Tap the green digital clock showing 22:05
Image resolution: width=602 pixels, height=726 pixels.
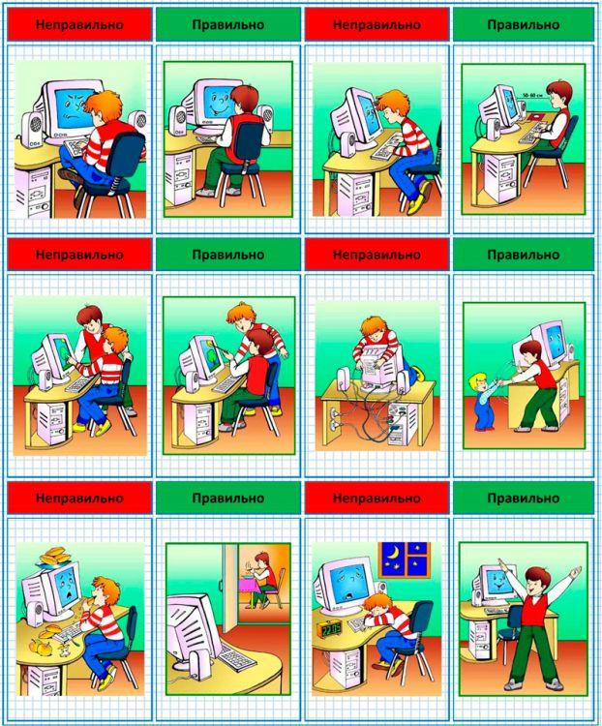330,629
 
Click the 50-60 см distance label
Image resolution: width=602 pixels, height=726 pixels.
532,95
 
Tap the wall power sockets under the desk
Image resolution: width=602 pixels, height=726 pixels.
332,416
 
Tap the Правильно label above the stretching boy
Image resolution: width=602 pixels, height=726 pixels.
524,498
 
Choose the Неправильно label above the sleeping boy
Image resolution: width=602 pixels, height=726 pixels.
376,498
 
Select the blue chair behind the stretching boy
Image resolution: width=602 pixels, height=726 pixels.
509,630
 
